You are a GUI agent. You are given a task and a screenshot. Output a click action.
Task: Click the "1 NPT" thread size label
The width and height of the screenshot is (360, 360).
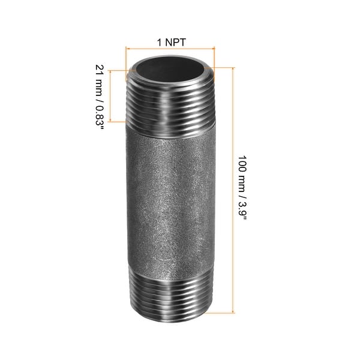[x=170, y=42]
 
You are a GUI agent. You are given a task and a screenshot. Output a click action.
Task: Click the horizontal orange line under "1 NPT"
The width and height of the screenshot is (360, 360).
[x=170, y=48]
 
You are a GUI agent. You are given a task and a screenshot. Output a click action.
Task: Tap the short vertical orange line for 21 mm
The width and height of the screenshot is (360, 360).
[x=110, y=96]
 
